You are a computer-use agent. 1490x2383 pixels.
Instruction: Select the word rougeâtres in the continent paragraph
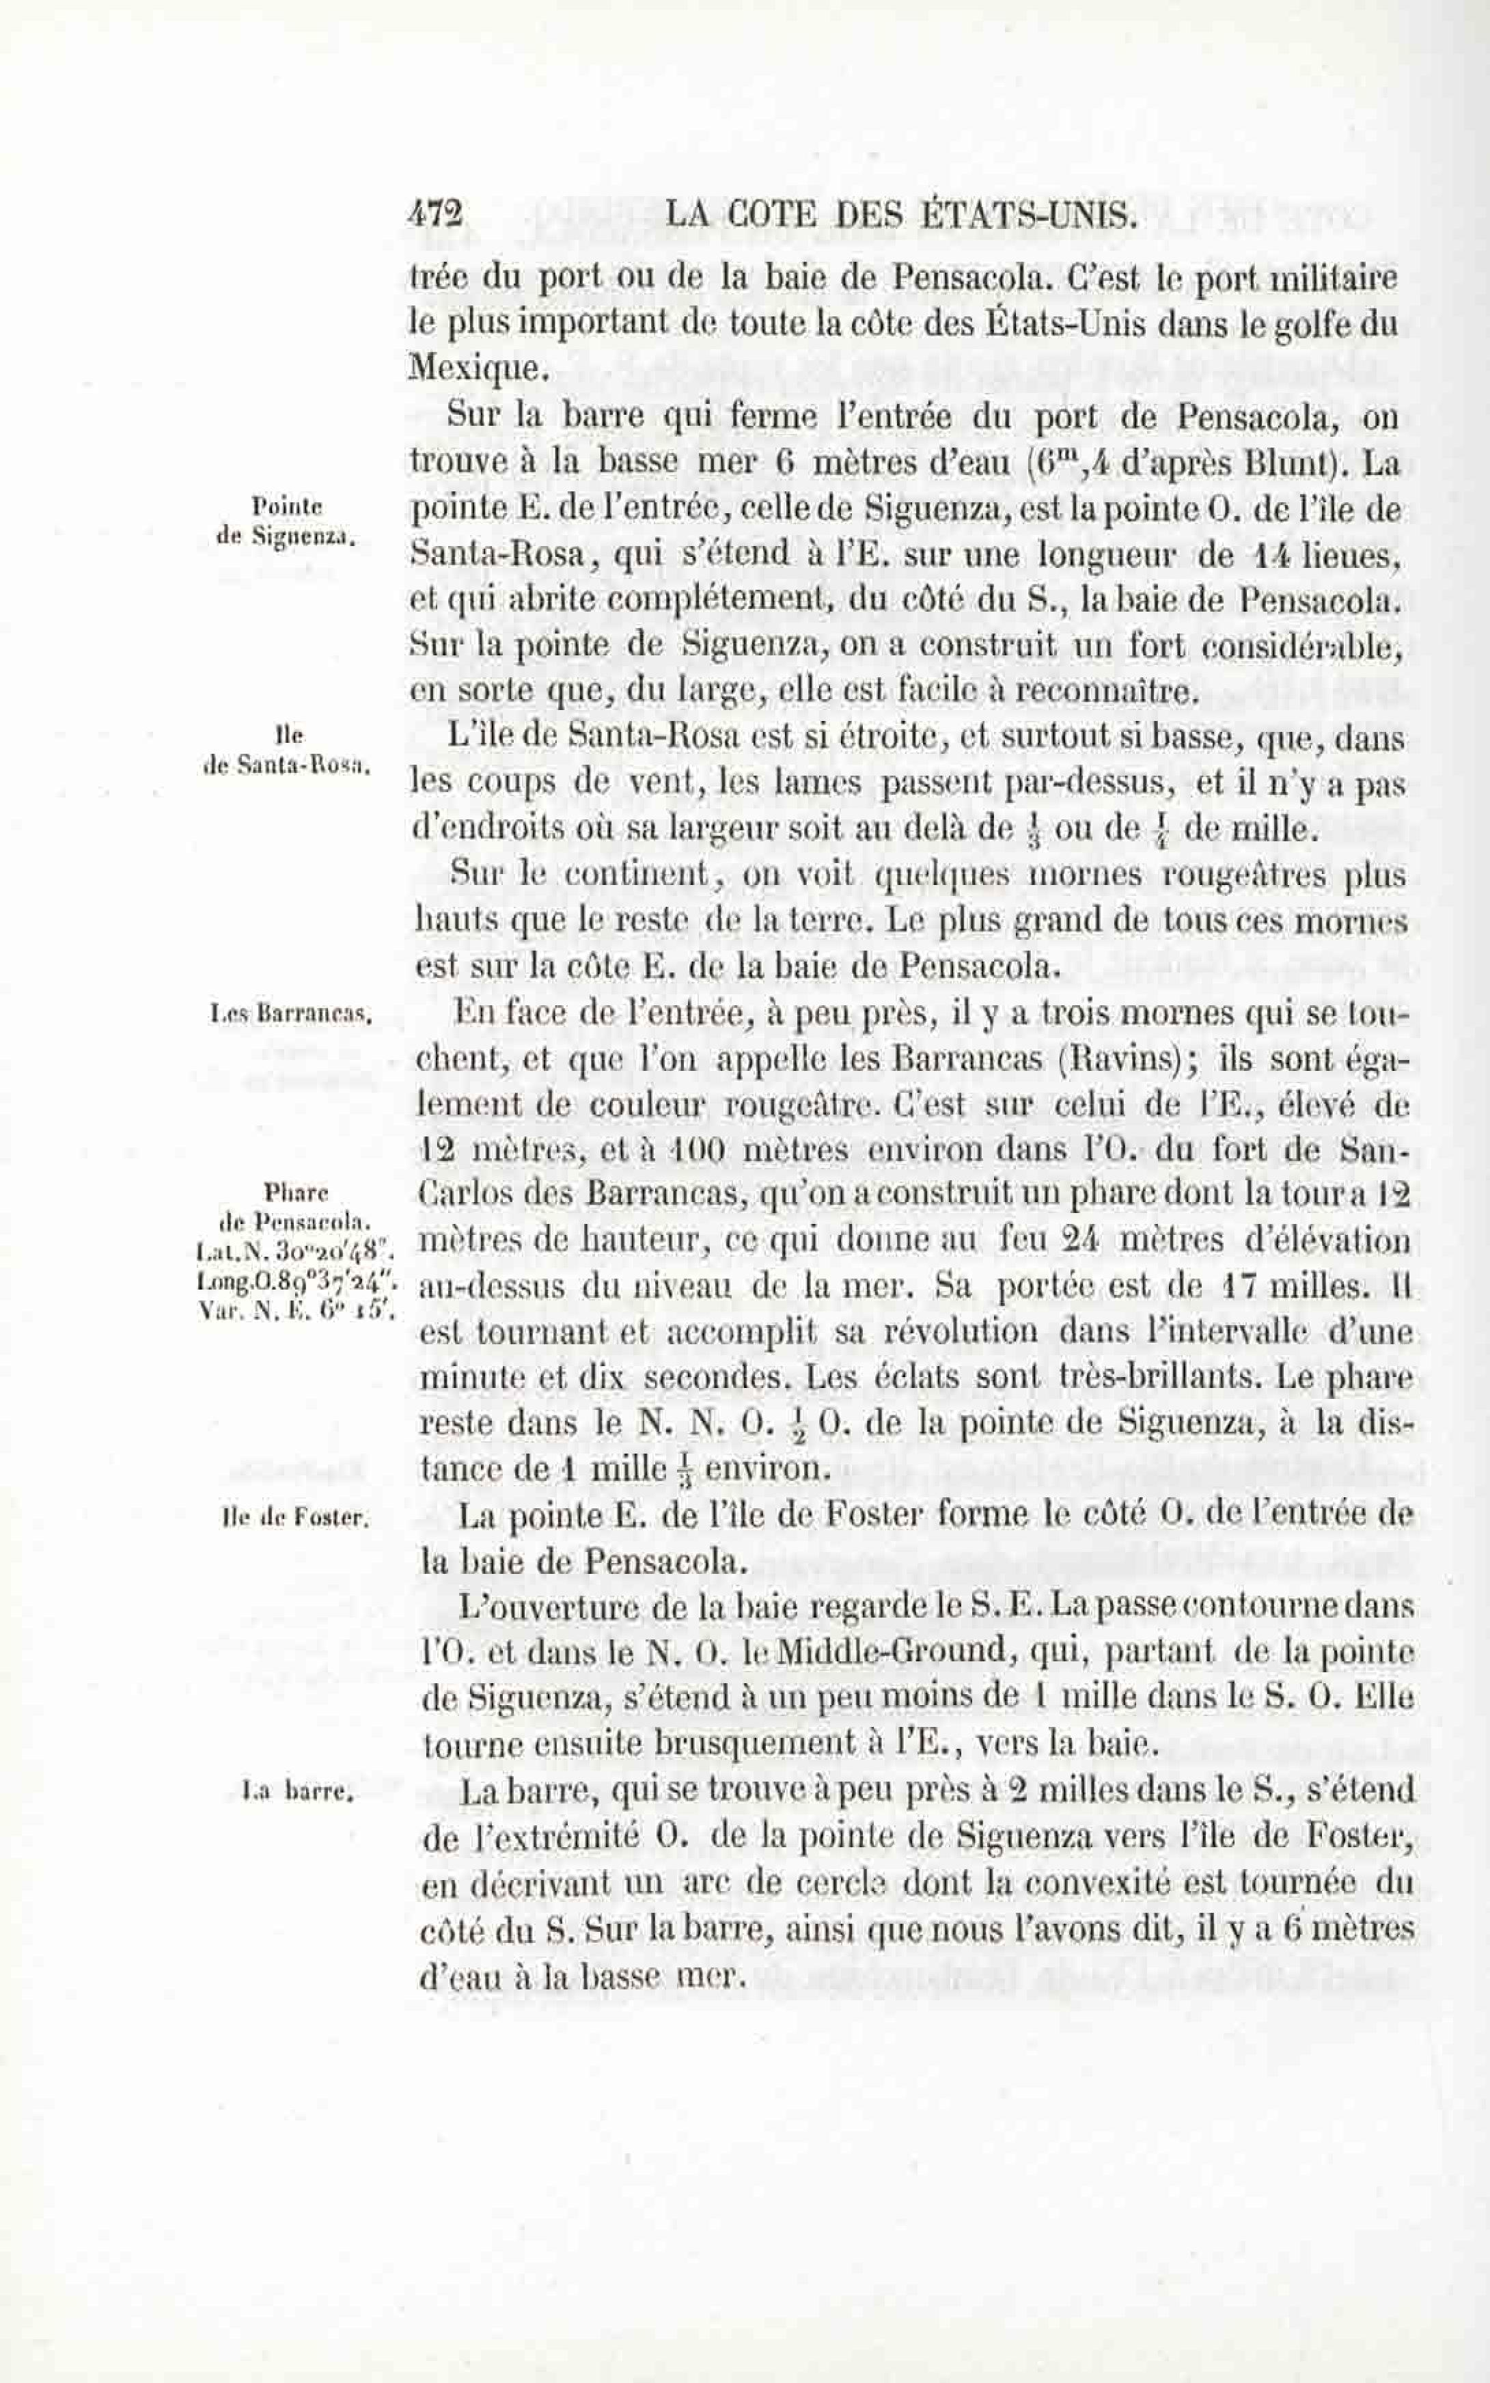tap(1247, 874)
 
